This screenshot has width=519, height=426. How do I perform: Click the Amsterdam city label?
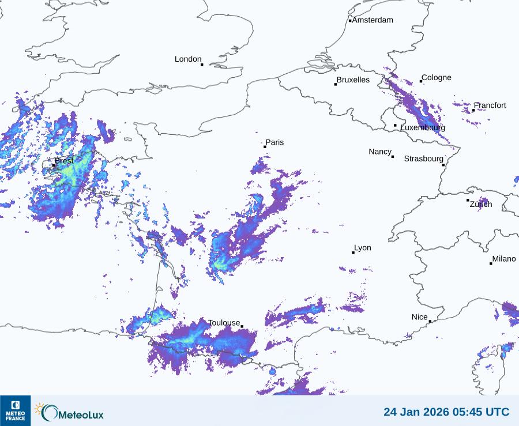coord(373,20)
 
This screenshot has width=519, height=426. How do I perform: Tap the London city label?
coord(188,59)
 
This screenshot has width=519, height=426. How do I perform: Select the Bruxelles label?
coord(353,80)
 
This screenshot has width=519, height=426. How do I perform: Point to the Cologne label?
coord(437,78)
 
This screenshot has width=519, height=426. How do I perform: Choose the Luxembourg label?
coord(423,127)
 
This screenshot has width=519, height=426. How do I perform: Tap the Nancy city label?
coord(380,152)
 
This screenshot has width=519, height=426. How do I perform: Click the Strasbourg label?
coord(423,159)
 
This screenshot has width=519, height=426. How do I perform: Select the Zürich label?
coord(481,204)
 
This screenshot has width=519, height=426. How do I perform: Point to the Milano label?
coord(504,259)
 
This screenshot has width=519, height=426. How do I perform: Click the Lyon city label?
coord(363,248)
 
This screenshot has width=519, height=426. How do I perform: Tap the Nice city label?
coord(420,317)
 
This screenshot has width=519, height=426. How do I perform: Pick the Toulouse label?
coord(224,323)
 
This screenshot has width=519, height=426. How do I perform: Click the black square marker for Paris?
coord(265,147)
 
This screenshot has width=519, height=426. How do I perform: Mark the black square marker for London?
coord(202,65)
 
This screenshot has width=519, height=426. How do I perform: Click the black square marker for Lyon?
coord(353,252)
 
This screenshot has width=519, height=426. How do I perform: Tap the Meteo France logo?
coord(15,410)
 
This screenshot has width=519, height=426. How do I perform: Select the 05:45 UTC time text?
coord(479,412)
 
